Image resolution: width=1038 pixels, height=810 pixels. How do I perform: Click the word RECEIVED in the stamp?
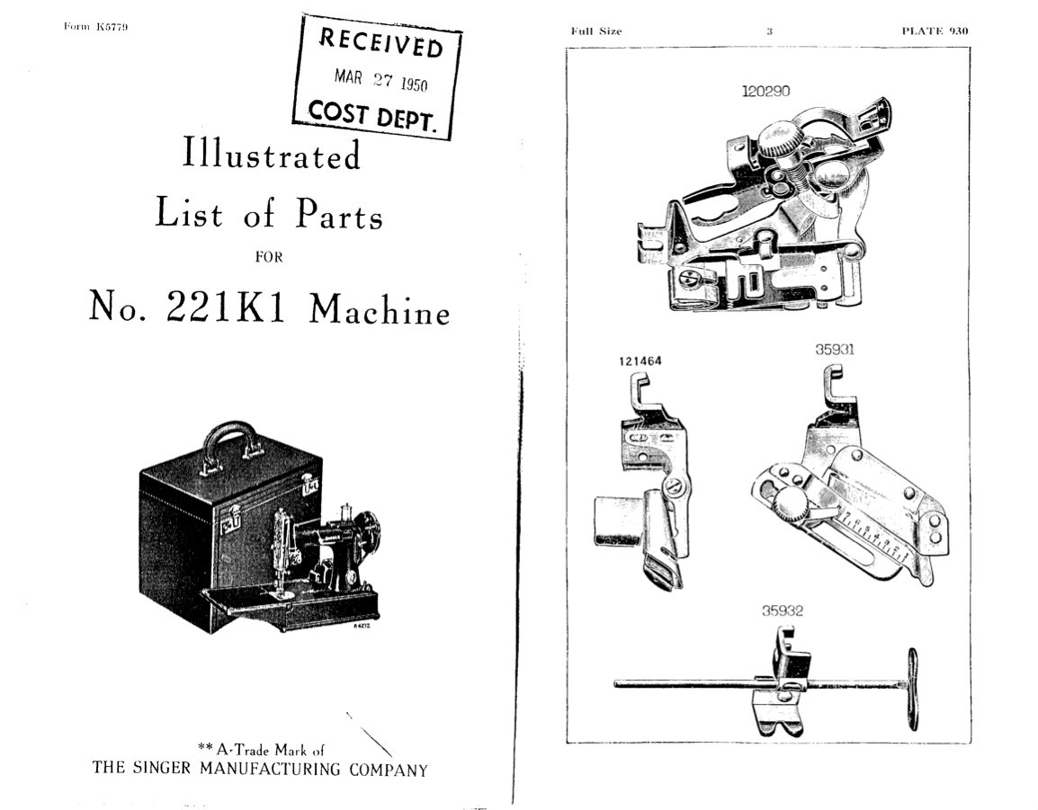click(x=381, y=42)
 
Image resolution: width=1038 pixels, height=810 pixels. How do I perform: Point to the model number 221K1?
click(x=226, y=308)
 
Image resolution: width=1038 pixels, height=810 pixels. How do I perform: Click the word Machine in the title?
click(x=380, y=310)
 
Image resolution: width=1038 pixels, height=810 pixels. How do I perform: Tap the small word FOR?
click(x=269, y=257)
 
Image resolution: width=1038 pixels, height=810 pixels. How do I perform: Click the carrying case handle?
click(x=230, y=436)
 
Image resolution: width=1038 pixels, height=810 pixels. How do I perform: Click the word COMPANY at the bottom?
click(x=387, y=770)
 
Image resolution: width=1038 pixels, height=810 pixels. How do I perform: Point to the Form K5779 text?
click(x=95, y=27)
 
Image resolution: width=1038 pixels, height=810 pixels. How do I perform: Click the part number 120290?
click(x=765, y=91)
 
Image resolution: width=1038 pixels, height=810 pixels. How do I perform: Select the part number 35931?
click(x=834, y=350)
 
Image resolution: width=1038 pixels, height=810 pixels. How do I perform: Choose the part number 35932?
click(x=782, y=611)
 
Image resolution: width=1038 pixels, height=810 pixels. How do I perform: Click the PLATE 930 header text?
click(x=935, y=31)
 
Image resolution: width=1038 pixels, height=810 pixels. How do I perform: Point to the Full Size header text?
click(x=595, y=31)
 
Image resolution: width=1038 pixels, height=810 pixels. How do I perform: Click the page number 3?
click(x=769, y=31)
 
